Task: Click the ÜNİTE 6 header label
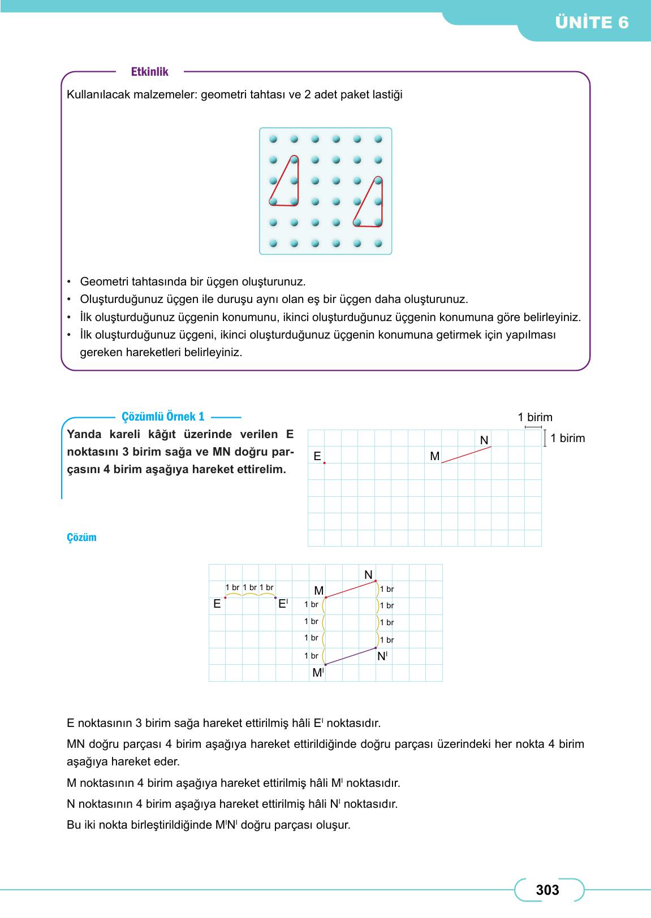coord(592,23)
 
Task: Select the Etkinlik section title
coord(149,72)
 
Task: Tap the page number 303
coord(547,890)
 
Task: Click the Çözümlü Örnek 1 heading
coord(163,417)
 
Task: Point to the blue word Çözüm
coord(81,538)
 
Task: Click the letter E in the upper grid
coord(317,456)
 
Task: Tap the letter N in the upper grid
coord(484,440)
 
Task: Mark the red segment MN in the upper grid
coord(466,455)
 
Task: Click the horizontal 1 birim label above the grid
coord(534,418)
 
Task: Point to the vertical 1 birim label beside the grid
coord(567,438)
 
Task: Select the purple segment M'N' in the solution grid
coord(351,656)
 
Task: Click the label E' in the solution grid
coord(283,604)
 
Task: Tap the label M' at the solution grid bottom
coord(318,673)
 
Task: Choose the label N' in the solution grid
coord(382,656)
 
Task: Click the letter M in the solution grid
coord(318,591)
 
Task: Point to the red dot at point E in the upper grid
coord(325,463)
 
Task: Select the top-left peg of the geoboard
coord(273,138)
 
